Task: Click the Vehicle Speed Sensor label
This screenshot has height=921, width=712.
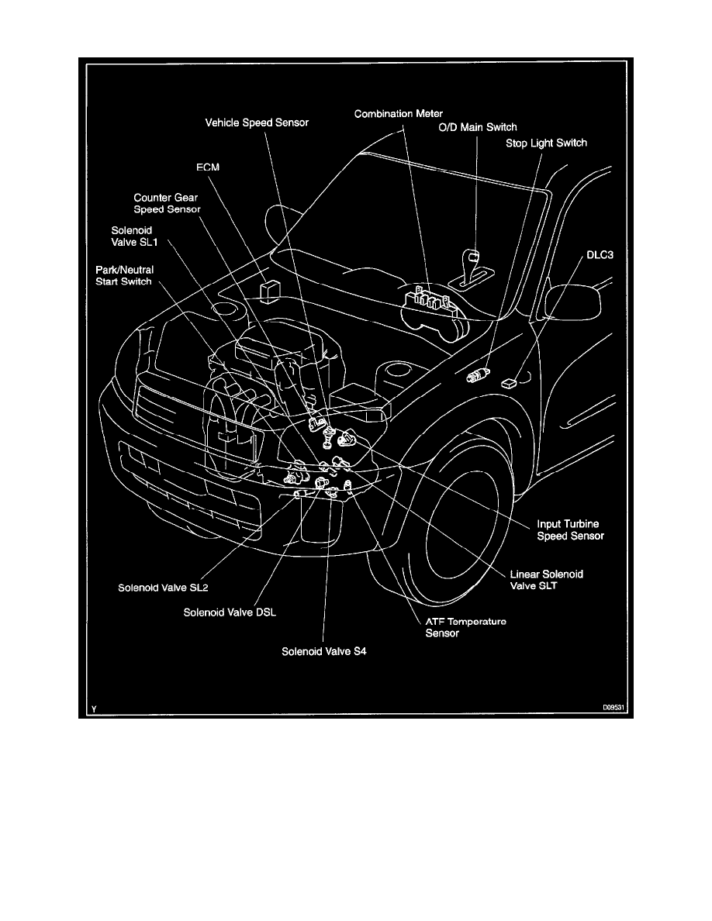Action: (257, 122)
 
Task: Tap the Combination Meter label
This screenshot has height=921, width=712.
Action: (399, 114)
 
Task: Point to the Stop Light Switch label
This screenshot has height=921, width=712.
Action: (546, 143)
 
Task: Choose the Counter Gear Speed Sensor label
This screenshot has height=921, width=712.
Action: (167, 203)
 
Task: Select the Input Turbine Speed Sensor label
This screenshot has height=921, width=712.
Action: (570, 530)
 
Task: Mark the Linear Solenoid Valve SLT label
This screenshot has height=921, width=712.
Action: (546, 580)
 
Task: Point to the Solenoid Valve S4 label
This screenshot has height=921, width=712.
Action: (323, 651)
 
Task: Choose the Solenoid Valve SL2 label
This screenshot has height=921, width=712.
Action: (163, 587)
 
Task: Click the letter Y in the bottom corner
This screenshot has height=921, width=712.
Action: (93, 707)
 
